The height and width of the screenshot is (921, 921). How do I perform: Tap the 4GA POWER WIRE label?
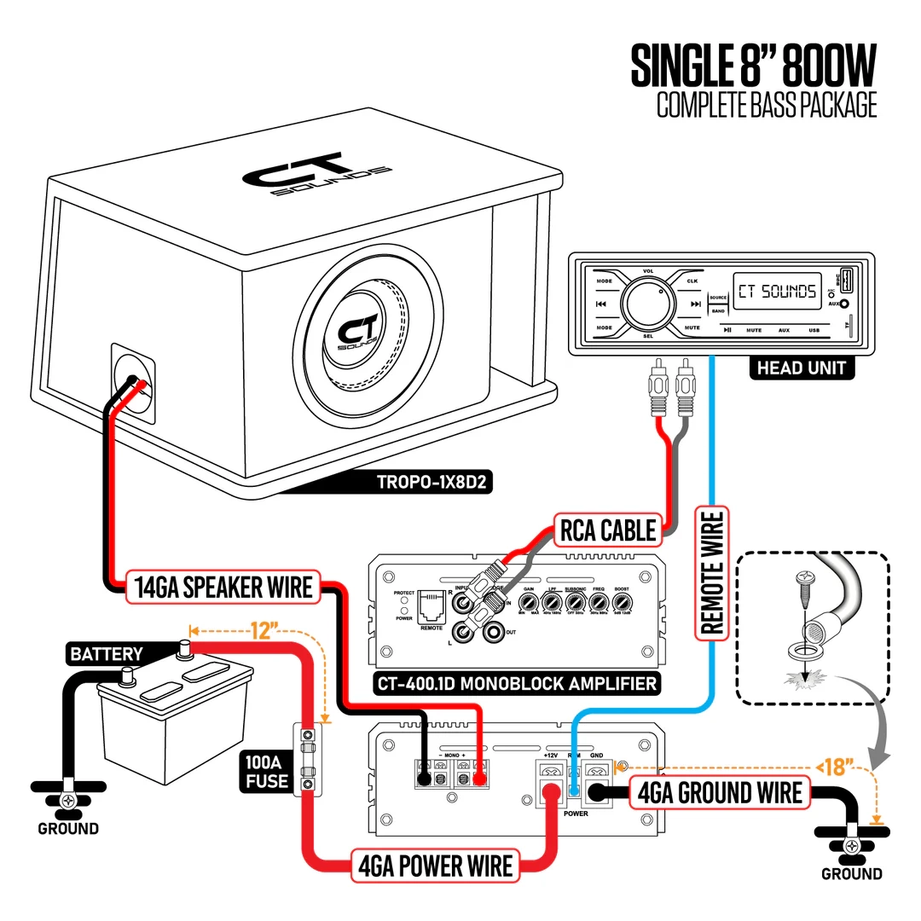(x=435, y=866)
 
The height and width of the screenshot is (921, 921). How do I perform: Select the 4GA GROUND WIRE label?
(x=720, y=792)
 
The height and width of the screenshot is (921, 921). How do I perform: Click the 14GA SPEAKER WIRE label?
(x=223, y=588)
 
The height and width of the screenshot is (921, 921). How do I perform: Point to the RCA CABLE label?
(x=608, y=530)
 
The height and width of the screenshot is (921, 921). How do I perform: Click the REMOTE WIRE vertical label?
(x=711, y=571)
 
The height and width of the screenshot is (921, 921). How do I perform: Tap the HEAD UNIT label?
(x=801, y=368)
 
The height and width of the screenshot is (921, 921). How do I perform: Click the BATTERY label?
(x=107, y=654)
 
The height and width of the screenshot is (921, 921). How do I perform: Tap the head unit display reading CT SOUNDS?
(x=776, y=292)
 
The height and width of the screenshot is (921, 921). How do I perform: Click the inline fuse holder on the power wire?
(x=307, y=759)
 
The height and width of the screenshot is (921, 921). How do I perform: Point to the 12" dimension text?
(x=264, y=631)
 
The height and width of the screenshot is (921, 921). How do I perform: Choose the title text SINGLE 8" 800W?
(x=753, y=67)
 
